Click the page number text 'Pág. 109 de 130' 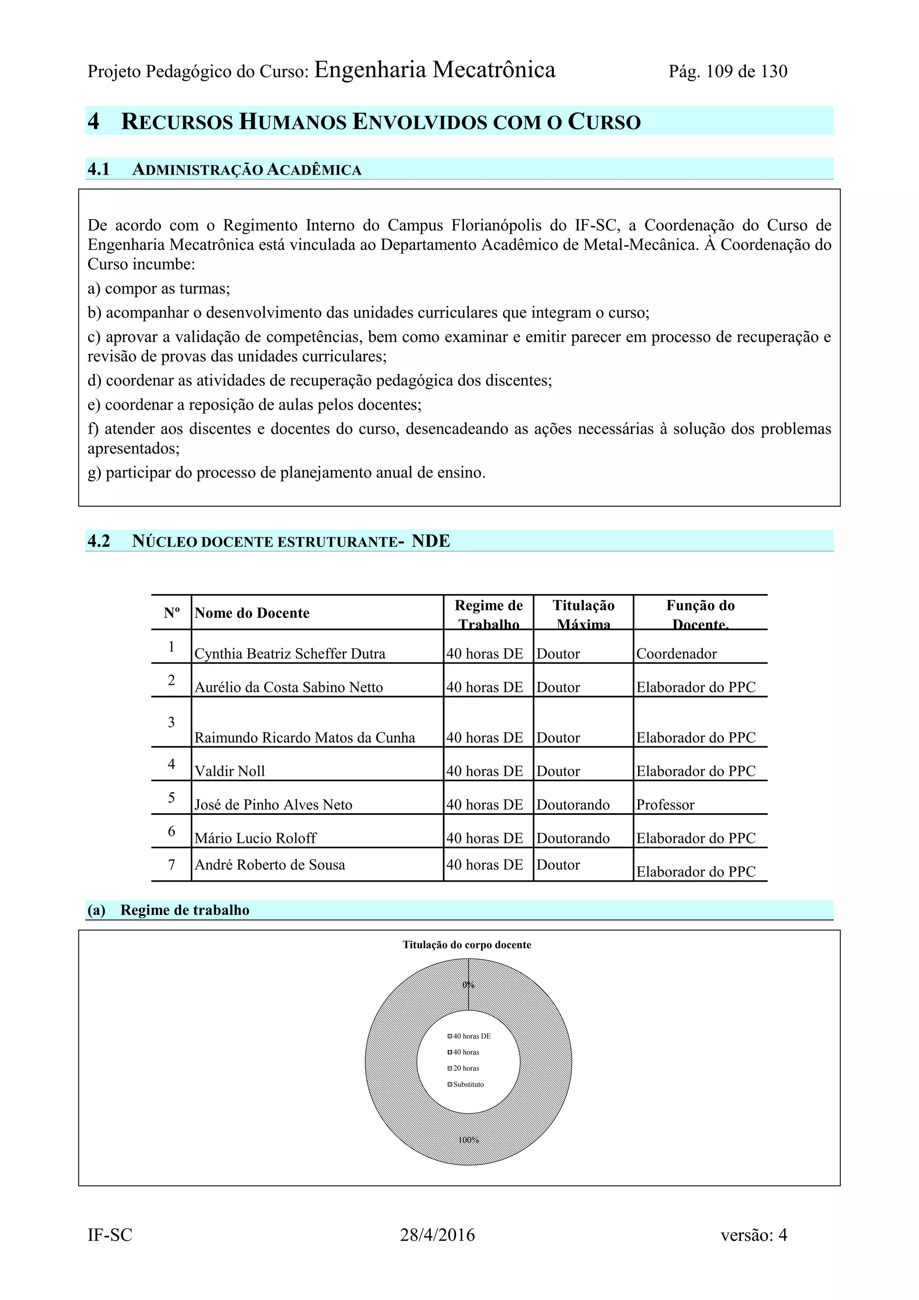[727, 72]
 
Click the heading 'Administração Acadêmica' [246, 170]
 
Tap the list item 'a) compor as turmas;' [158, 289]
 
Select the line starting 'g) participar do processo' [287, 473]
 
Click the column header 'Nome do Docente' [252, 613]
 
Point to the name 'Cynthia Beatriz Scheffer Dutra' [290, 654]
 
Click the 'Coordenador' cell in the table [676, 654]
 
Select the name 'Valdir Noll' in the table [229, 771]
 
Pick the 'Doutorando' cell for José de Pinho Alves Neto [573, 805]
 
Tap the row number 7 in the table [171, 865]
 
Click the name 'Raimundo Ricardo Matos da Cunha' [305, 738]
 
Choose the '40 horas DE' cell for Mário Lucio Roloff [485, 838]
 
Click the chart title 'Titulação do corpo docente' [467, 945]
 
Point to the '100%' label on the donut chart [468, 1140]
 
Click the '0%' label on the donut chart [468, 985]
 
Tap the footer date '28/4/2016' [437, 1235]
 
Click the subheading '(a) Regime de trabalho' [168, 910]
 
